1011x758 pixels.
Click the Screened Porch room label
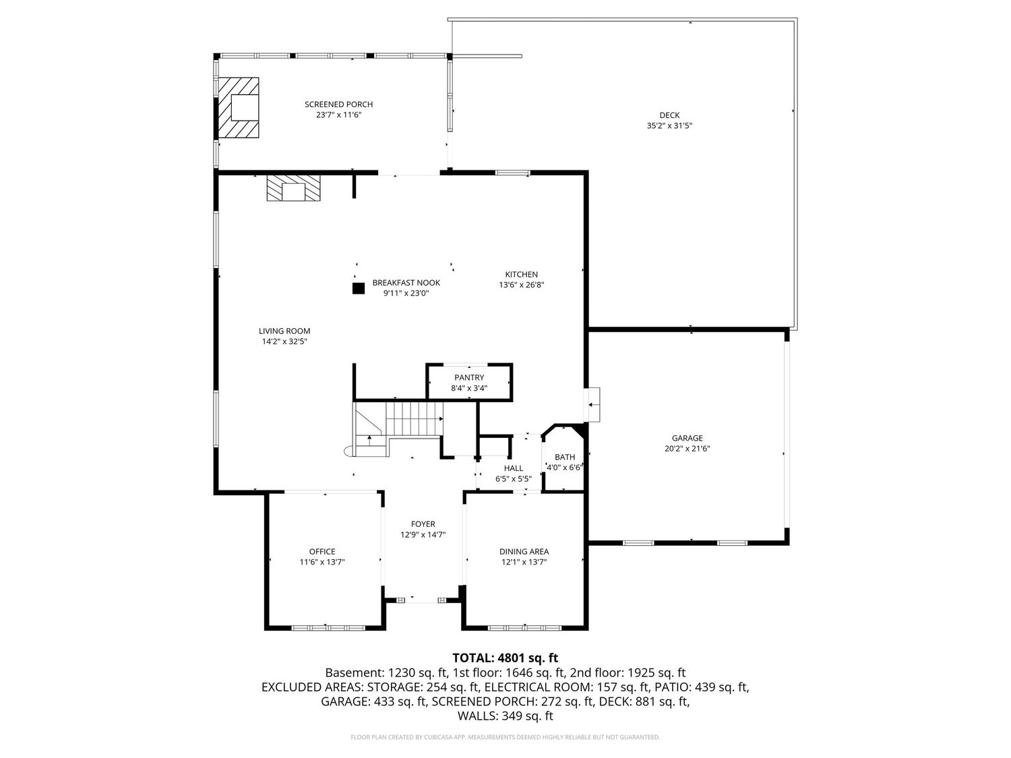pos(338,104)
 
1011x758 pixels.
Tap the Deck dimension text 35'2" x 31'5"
pos(669,125)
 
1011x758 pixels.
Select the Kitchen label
pos(522,274)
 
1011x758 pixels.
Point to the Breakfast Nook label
pos(406,282)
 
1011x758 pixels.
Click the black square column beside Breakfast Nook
pos(359,288)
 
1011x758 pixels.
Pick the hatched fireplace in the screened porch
pos(238,108)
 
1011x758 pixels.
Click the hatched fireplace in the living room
pos(293,188)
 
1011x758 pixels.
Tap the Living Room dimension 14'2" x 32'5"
pos(284,342)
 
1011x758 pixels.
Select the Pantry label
pos(469,378)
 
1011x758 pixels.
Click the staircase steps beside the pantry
pos(414,418)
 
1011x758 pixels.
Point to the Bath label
pos(565,457)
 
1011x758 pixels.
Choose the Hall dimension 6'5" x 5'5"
pos(513,478)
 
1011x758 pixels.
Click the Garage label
pos(687,438)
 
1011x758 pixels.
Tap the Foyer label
pos(423,524)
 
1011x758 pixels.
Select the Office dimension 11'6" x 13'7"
pos(322,562)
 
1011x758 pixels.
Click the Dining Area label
pos(524,551)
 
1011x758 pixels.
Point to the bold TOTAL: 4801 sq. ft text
pos(506,658)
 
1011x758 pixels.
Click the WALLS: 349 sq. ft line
pos(506,716)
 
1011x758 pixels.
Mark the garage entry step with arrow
pos(592,405)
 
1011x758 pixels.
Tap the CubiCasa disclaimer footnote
pos(506,737)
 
